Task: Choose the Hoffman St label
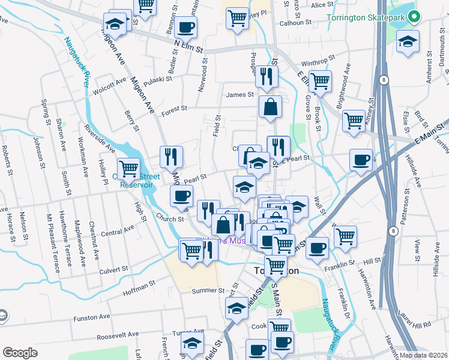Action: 139,284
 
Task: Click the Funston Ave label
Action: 92,317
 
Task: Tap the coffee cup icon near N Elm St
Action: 186,27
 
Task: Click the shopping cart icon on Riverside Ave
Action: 128,169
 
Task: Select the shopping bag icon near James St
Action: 271,107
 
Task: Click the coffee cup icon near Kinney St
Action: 361,160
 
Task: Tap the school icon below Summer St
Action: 237,310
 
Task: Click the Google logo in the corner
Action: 20,353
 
